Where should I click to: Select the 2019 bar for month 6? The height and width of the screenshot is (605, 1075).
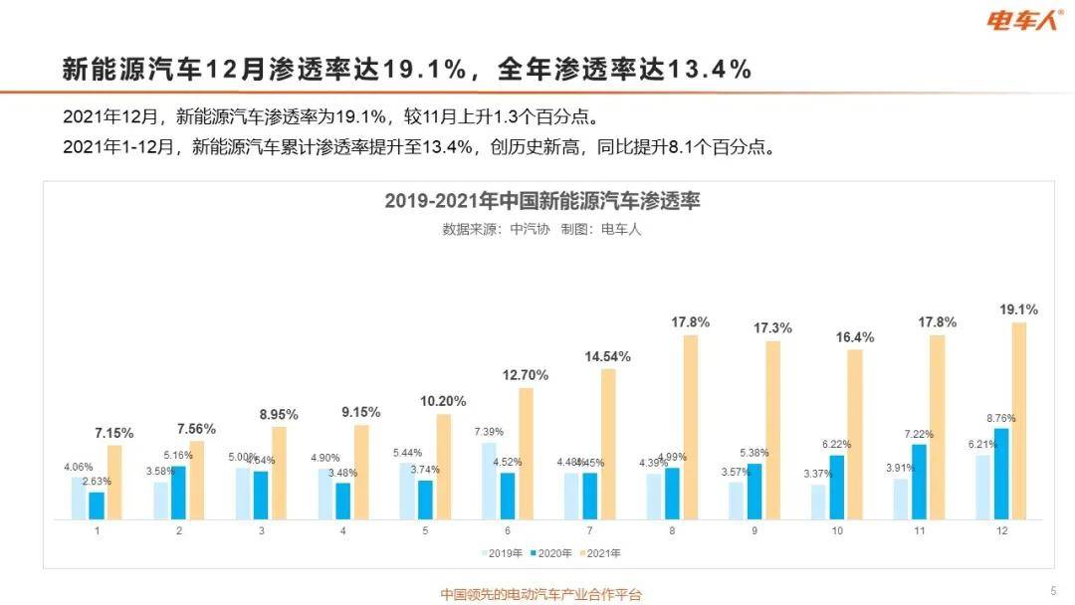coord(490,481)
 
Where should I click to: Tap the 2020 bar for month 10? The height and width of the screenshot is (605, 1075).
coord(837,487)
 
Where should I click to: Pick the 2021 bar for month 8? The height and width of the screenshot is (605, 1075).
coord(690,427)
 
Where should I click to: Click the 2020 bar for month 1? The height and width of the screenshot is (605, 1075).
coord(97,505)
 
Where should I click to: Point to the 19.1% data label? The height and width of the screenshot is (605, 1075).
coord(1018,309)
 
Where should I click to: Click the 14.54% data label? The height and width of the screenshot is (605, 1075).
coord(607,356)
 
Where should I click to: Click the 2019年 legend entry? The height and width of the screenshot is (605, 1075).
coord(501,552)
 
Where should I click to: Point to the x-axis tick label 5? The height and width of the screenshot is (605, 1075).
coord(426,531)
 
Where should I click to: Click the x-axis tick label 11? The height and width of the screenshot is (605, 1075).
coord(920,531)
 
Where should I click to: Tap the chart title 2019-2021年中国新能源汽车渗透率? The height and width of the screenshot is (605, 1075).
coord(542,201)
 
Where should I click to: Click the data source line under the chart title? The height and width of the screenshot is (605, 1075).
coord(542,228)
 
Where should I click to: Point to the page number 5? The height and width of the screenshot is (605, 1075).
coord(1053,590)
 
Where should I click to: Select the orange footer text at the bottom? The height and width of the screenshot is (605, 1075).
coord(541,594)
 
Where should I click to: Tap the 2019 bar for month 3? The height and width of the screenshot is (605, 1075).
coord(244,493)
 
